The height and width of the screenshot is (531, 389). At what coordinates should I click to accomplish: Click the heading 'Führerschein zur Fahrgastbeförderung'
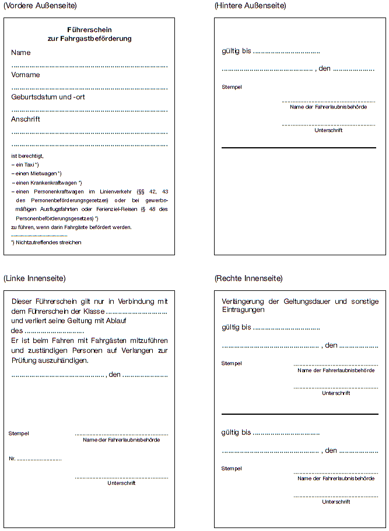[x=89, y=34]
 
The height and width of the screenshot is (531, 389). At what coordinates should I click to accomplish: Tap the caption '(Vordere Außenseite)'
[x=40, y=6]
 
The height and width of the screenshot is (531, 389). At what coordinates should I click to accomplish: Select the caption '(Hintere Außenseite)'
[x=250, y=6]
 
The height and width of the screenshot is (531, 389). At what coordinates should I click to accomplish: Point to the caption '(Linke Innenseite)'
[x=34, y=278]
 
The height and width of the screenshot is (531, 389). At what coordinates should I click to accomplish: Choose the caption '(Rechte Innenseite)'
[x=248, y=278]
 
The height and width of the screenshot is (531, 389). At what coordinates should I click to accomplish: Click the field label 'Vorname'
[x=26, y=75]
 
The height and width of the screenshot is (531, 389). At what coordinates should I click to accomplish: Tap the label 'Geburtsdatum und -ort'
[x=48, y=97]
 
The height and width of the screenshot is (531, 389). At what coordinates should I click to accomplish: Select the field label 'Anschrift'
[x=26, y=119]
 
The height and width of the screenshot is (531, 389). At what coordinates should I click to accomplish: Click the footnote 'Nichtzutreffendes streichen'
[x=48, y=242]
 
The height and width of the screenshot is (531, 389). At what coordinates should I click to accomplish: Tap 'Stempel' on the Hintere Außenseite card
[x=232, y=87]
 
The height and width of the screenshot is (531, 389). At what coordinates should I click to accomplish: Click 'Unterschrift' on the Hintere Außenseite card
[x=328, y=130]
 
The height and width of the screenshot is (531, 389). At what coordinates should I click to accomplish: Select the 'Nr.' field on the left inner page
[x=12, y=459]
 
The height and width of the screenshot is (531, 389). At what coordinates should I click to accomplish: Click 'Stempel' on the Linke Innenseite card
[x=19, y=433]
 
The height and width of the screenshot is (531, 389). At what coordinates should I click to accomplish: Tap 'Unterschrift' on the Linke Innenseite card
[x=121, y=483]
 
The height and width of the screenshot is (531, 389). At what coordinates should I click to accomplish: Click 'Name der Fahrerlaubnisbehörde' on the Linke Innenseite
[x=121, y=440]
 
